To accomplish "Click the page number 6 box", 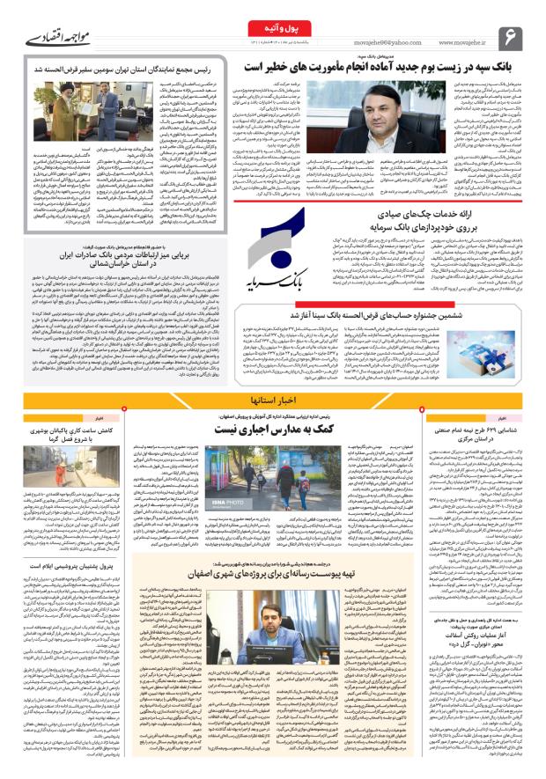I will [x=511, y=38].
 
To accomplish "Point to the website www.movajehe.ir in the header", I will [x=463, y=40].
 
